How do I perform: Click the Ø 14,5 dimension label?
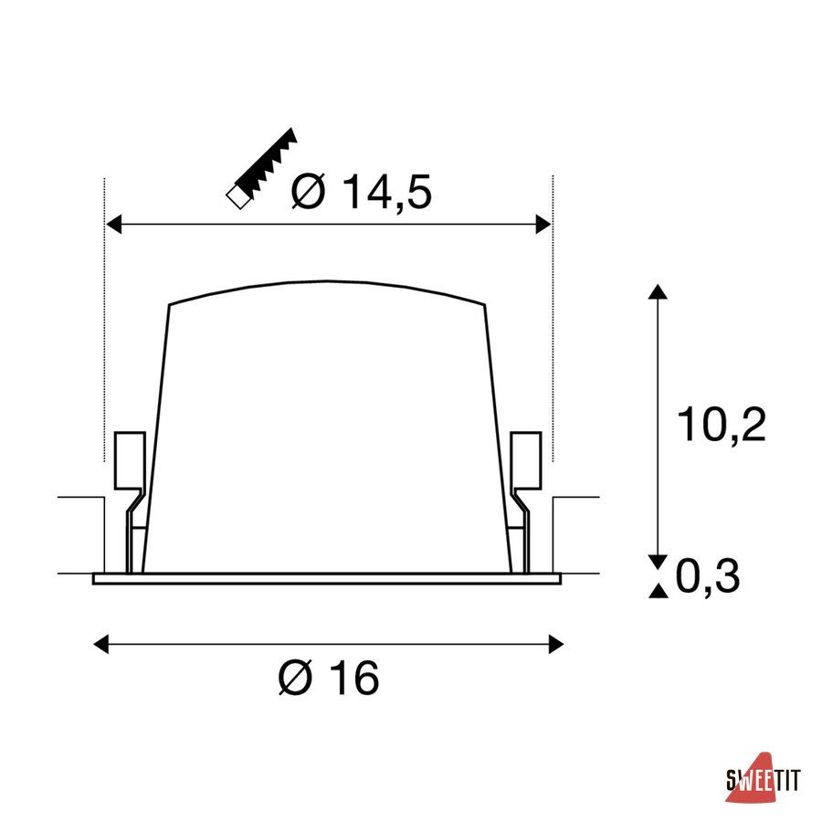(361, 192)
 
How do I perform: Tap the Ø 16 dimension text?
(329, 677)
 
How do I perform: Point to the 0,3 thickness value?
(708, 575)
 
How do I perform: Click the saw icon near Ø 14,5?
(261, 168)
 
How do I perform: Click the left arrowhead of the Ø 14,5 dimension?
(113, 225)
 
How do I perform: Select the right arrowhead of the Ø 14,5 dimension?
(543, 225)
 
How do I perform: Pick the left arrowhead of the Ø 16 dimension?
(100, 644)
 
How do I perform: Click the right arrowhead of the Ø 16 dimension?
(555, 644)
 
